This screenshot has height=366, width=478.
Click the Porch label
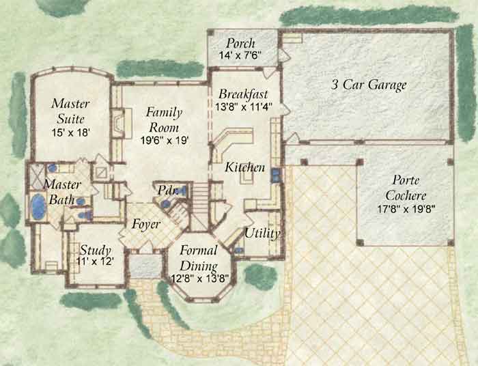240,44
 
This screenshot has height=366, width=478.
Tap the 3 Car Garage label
369,85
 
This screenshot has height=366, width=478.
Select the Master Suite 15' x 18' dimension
70,132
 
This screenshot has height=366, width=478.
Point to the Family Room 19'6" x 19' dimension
165,141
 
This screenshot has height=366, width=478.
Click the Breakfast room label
243,94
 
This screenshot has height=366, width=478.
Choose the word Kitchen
244,167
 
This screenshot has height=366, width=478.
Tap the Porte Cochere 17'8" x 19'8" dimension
405,210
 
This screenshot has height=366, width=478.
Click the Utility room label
262,234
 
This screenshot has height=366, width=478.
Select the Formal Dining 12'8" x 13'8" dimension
199,278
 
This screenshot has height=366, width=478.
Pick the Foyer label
146,225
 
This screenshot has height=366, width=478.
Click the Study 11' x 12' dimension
95,261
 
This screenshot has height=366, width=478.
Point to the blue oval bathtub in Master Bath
38,206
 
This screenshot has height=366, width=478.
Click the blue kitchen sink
276,175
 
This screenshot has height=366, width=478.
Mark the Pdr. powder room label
167,191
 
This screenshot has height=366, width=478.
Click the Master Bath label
62,193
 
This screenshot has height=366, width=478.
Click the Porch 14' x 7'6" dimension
240,55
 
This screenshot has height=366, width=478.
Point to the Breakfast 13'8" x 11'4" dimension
244,107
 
